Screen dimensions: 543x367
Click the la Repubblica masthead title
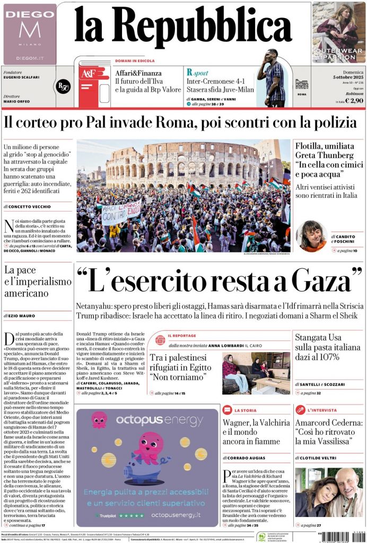pyautogui.click(x=183, y=25)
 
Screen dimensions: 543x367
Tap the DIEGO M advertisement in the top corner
pyautogui.click(x=30, y=33)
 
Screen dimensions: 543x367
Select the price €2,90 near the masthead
pyautogui.click(x=354, y=100)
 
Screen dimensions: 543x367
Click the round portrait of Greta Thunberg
pyautogui.click(x=311, y=236)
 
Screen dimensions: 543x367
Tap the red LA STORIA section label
pyautogui.click(x=246, y=410)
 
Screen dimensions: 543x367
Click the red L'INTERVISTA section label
pyautogui.click(x=322, y=410)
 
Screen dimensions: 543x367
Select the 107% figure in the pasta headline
pyautogui.click(x=340, y=356)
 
